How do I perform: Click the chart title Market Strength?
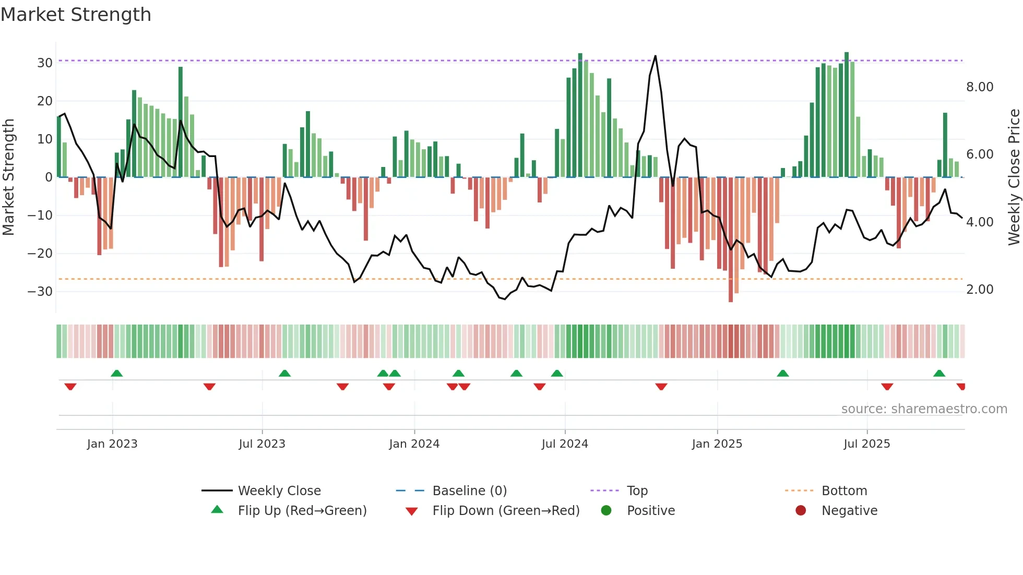point(76,15)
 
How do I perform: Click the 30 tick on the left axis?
point(45,63)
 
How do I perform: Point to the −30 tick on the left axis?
point(40,291)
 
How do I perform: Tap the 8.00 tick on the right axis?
point(980,87)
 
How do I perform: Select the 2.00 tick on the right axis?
point(980,290)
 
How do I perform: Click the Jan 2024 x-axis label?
point(414,444)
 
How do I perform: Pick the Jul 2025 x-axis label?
point(866,444)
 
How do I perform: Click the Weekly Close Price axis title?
point(1014,177)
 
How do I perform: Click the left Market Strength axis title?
point(9,177)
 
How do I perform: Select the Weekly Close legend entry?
point(279,491)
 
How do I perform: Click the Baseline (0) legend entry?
point(469,491)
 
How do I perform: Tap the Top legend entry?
point(637,491)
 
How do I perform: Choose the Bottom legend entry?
point(844,491)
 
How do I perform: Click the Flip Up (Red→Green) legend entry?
point(302,511)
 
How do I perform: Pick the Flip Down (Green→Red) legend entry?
point(506,511)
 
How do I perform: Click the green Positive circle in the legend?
point(606,510)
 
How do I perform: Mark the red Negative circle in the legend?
point(801,510)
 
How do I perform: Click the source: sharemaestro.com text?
point(924,409)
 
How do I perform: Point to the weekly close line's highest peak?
point(656,56)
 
